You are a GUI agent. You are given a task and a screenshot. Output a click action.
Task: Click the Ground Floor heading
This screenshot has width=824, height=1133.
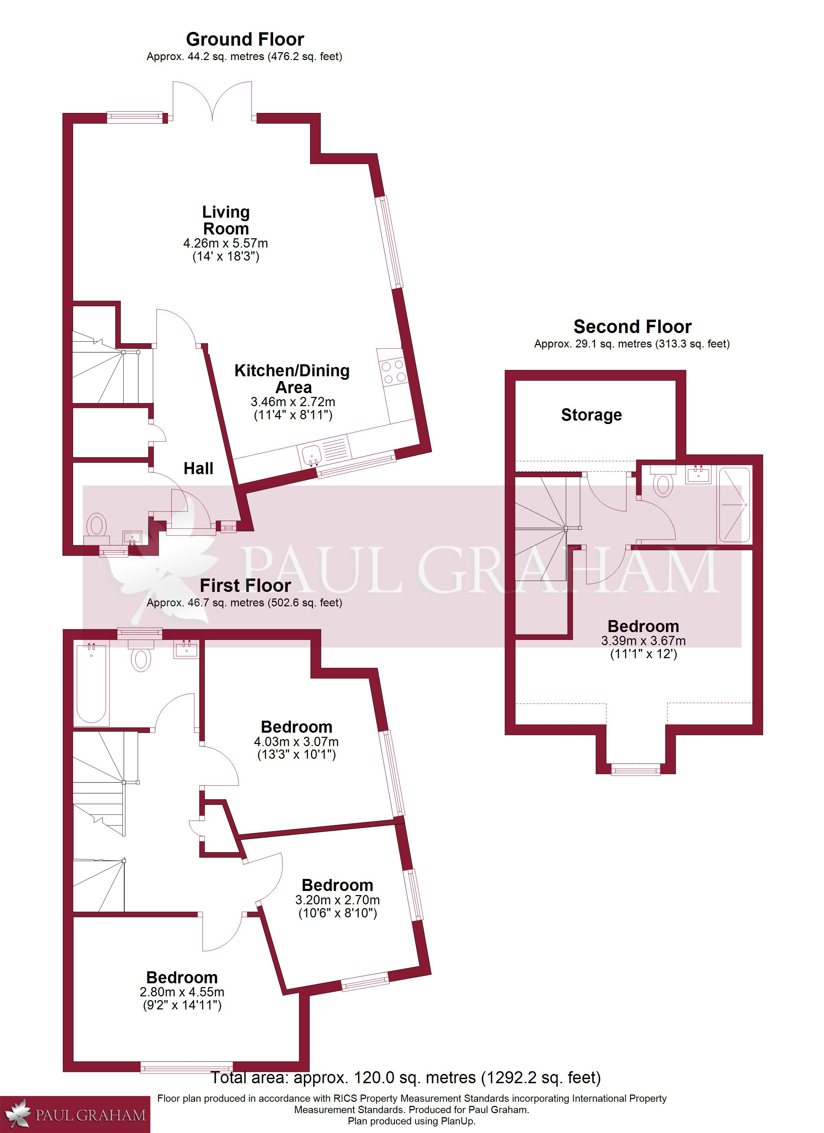pyautogui.click(x=245, y=39)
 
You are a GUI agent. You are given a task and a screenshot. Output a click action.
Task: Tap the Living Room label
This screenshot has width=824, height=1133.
pyautogui.click(x=226, y=220)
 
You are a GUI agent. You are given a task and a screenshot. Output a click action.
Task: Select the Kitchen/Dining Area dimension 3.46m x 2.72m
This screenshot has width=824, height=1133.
pyautogui.click(x=293, y=402)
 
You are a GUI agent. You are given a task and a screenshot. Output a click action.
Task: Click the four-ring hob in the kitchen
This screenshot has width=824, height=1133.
pyautogui.click(x=393, y=372)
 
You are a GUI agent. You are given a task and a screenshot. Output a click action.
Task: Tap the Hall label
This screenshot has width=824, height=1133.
pyautogui.click(x=198, y=469)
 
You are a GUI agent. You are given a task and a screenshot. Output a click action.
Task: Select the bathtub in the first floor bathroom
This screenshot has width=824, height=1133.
pyautogui.click(x=91, y=684)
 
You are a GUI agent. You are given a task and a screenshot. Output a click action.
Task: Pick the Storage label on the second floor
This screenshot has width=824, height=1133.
pyautogui.click(x=591, y=415)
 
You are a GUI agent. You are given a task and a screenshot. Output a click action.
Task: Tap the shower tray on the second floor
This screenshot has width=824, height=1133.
pyautogui.click(x=734, y=505)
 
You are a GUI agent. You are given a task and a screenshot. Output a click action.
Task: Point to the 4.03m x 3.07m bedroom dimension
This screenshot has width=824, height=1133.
pyautogui.click(x=296, y=742)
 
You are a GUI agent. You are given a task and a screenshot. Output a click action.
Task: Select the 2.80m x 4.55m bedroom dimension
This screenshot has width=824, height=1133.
pyautogui.click(x=182, y=992)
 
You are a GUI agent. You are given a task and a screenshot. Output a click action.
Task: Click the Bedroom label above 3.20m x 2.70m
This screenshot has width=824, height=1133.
pyautogui.click(x=337, y=885)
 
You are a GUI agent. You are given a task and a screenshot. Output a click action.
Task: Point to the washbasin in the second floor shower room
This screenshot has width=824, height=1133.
pyautogui.click(x=698, y=474)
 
